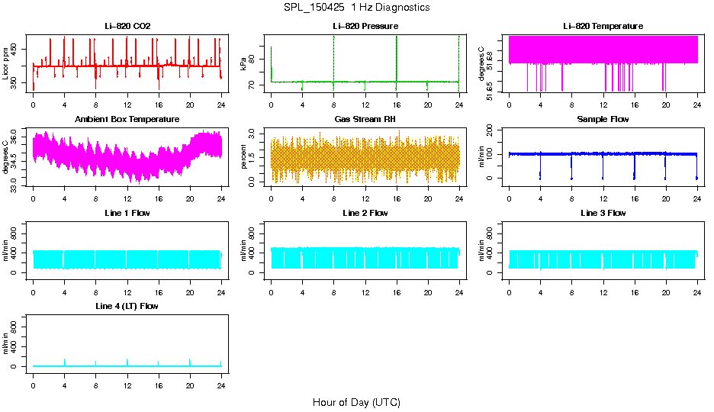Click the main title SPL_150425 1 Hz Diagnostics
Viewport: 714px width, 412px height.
(x=356, y=8)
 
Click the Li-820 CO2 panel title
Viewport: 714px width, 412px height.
(x=127, y=26)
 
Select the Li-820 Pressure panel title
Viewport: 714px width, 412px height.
(x=365, y=26)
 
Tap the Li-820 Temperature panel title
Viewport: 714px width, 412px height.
(x=603, y=26)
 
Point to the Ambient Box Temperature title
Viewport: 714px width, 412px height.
(x=127, y=119)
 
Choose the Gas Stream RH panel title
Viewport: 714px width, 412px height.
(x=365, y=119)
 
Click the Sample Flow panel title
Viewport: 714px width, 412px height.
(x=603, y=119)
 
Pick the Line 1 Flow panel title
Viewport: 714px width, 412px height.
(x=127, y=213)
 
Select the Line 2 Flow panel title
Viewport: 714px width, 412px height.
(x=365, y=213)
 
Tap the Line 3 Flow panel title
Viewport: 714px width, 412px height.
(x=603, y=213)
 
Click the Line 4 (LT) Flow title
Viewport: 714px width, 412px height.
(x=127, y=306)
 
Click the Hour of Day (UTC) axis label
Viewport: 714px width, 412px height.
(x=356, y=402)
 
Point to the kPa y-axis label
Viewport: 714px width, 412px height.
(x=243, y=63)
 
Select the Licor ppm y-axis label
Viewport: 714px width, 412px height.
(x=5, y=63)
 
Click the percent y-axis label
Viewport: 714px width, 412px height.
(x=243, y=156)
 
